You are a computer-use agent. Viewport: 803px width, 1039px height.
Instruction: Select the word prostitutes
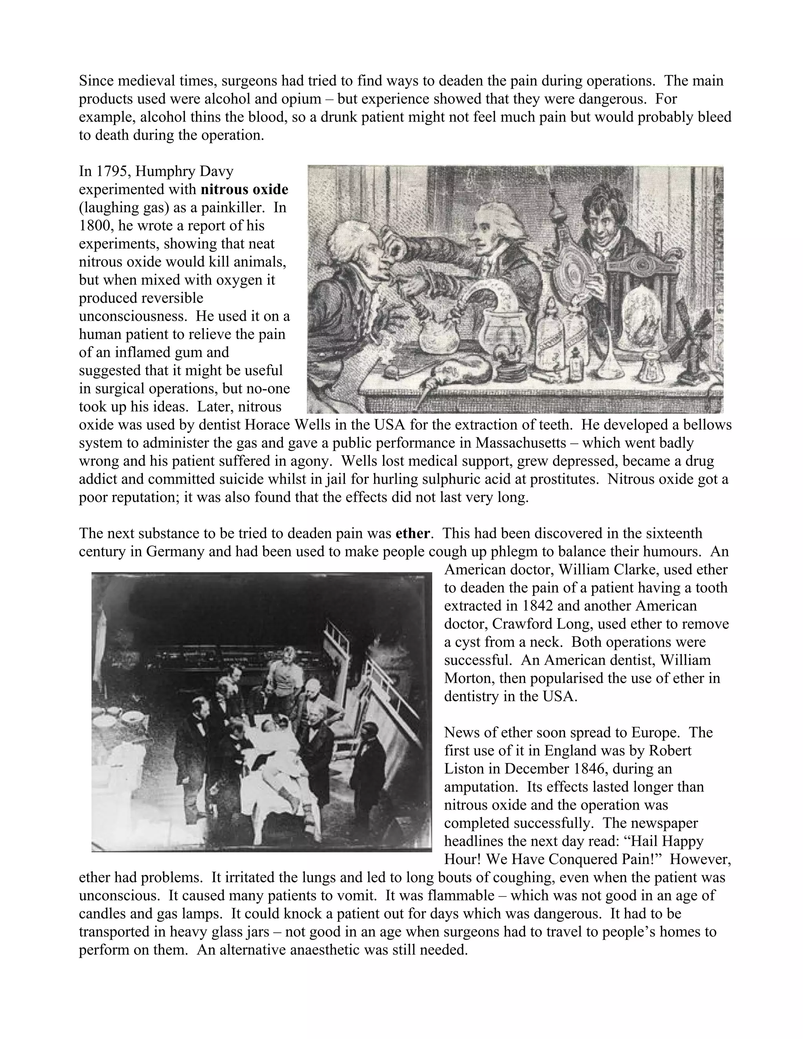563,479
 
